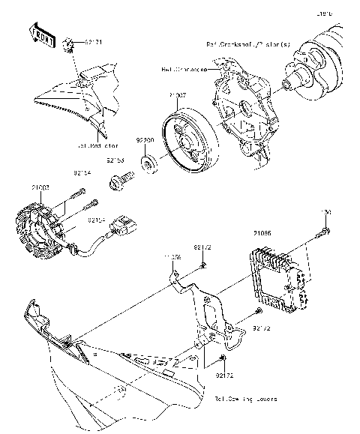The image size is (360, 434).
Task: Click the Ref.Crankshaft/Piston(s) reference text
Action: pos(247,45)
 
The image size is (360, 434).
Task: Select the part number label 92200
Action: pos(145,139)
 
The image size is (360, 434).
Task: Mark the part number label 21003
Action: pos(41,185)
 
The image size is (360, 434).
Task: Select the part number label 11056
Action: pos(172,257)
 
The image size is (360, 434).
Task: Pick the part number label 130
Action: pos(326,213)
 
